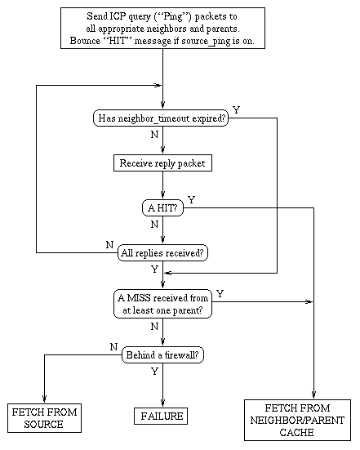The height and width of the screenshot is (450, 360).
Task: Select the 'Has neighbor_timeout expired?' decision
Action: point(162,118)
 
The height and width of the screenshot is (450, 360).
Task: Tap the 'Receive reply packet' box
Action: point(162,163)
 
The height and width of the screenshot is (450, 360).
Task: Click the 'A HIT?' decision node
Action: point(162,208)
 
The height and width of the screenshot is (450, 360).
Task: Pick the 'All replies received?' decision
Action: point(162,252)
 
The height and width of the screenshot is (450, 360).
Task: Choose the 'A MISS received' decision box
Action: point(162,303)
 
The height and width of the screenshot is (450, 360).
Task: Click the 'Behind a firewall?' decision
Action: point(162,355)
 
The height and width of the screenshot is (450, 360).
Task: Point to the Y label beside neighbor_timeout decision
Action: point(236,109)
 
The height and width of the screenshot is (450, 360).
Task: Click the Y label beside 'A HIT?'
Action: point(191,199)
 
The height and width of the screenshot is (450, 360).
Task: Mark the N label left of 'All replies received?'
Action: point(109,244)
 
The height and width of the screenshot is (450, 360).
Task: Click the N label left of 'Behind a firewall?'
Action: point(113,347)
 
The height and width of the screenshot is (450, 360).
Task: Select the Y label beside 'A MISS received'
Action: point(220,292)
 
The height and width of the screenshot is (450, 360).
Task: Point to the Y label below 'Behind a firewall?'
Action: point(154,371)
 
